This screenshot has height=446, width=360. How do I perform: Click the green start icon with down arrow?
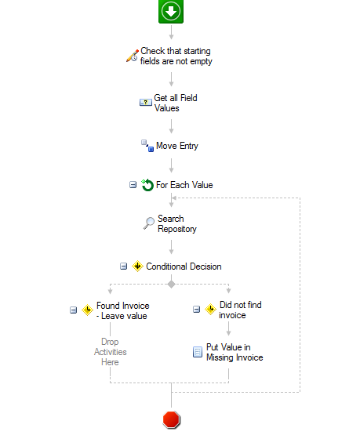pyautogui.click(x=171, y=12)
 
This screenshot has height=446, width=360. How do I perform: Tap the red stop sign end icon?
pyautogui.click(x=171, y=419)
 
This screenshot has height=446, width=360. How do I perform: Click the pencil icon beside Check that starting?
pyautogui.click(x=133, y=56)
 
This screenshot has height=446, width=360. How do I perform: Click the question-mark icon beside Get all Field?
pyautogui.click(x=146, y=102)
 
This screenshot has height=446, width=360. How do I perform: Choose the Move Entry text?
pyautogui.click(x=177, y=146)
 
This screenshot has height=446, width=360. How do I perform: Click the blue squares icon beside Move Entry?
pyautogui.click(x=147, y=146)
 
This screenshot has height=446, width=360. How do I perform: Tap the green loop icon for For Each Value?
pyautogui.click(x=147, y=185)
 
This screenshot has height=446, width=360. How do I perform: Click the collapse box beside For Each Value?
pyautogui.click(x=133, y=185)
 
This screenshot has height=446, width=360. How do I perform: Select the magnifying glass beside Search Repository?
pyautogui.click(x=149, y=223)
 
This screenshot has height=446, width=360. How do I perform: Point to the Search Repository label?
pyautogui.click(x=177, y=224)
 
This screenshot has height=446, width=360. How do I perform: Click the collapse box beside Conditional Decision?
pyautogui.click(x=123, y=267)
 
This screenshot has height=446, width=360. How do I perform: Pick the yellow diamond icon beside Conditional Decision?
pyautogui.click(x=137, y=267)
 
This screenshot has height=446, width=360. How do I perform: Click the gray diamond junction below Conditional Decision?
pyautogui.click(x=171, y=285)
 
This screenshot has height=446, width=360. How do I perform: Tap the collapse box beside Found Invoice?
pyautogui.click(x=74, y=310)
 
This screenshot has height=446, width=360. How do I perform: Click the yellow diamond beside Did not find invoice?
pyautogui.click(x=211, y=309)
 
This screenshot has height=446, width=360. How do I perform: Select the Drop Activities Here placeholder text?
pyautogui.click(x=110, y=352)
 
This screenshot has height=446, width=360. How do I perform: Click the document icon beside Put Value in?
pyautogui.click(x=198, y=352)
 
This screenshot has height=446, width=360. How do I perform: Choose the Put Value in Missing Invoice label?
pyautogui.click(x=235, y=353)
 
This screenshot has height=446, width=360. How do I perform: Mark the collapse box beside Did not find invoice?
pyautogui.click(x=196, y=309)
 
